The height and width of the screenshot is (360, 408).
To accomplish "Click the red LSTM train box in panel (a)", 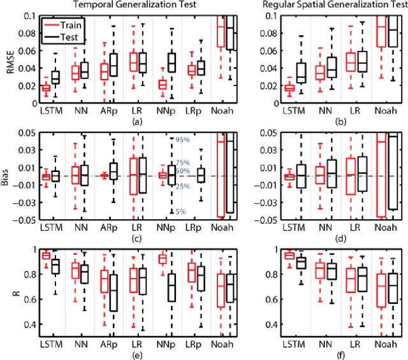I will point(46,88).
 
